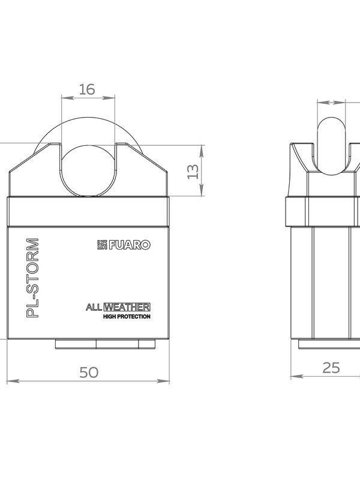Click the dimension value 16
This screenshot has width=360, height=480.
coord(87,89)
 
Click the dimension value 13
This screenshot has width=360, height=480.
coord(193,172)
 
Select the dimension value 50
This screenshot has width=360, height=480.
coord(89,372)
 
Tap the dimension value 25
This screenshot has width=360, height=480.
coord(331,368)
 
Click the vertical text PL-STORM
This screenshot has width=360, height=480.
coord(33,278)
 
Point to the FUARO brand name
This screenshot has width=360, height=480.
coord(130,245)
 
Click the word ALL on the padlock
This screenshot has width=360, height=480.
coord(94,307)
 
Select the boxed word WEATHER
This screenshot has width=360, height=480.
coord(127,307)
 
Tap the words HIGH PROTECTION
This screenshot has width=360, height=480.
coord(127,317)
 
